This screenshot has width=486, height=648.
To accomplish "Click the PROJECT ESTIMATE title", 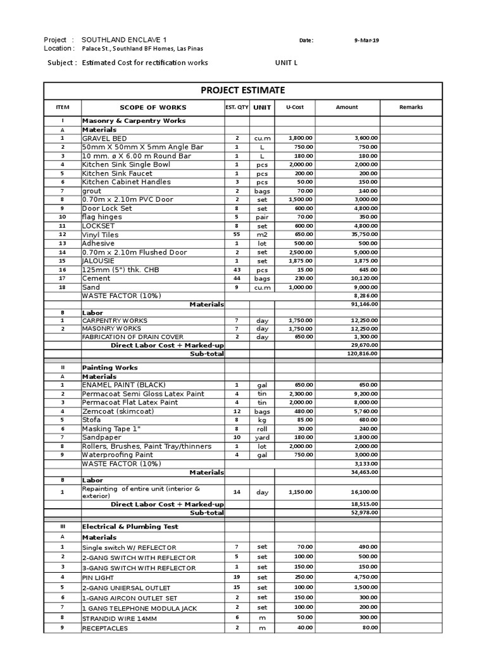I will pos(242,90).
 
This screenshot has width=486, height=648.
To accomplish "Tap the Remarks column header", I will pos(411,108).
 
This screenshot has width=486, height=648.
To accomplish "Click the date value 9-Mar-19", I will pos(367,40).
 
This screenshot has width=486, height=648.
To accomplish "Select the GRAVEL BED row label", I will pos(104,138).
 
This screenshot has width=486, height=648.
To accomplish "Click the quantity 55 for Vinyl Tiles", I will pos(237,235).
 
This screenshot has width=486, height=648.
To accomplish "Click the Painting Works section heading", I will pos(109,368).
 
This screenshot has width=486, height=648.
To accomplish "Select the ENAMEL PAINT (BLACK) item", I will pos(123,385).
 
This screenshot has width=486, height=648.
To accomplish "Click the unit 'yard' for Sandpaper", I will pos(262,437).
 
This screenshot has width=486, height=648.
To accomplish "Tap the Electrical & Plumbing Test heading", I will pos(130,526).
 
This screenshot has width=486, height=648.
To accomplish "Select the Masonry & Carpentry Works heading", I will pos(134,120).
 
